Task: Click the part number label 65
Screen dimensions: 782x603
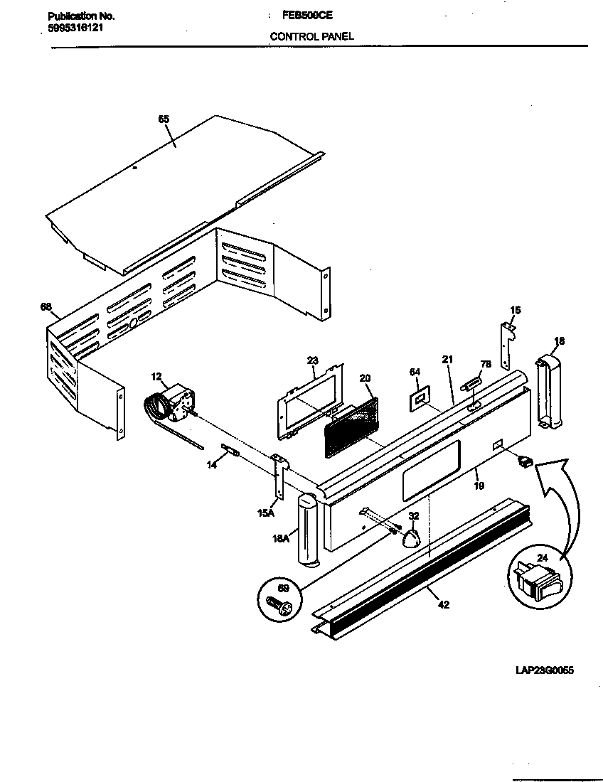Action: coord(164,119)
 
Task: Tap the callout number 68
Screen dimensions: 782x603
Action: coord(46,307)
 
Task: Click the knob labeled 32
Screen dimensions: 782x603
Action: coord(411,539)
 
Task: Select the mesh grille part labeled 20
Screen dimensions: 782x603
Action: coord(351,429)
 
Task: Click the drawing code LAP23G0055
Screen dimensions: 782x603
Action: coord(545,670)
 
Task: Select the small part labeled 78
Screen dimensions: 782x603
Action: coord(471,385)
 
